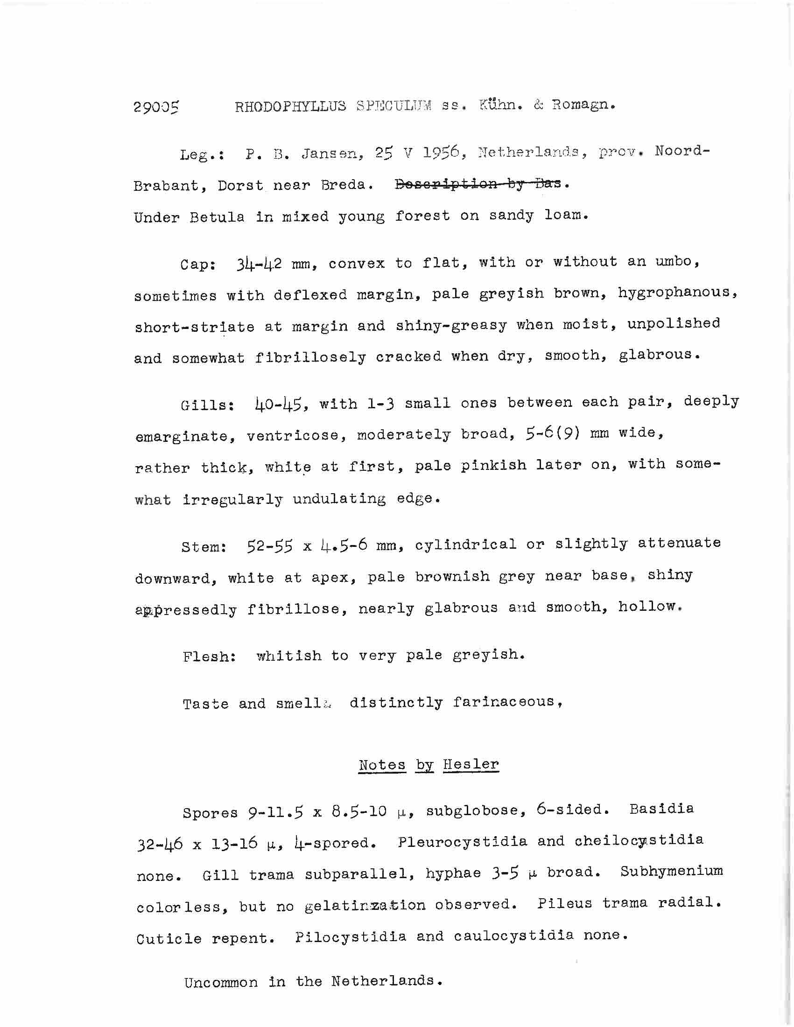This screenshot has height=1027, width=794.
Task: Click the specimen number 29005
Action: (156, 108)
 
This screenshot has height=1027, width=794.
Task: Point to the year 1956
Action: (440, 152)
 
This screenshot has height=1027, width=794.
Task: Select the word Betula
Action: (218, 217)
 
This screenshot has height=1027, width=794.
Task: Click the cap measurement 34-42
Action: (259, 263)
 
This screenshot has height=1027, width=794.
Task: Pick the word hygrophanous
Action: (677, 293)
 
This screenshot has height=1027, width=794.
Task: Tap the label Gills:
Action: (207, 405)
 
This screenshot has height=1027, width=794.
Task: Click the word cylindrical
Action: (465, 545)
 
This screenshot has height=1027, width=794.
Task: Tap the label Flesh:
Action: (209, 656)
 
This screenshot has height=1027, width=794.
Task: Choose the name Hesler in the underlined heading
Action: (471, 765)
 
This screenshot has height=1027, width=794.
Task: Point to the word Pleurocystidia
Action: (463, 841)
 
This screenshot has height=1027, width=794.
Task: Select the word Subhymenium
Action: (671, 871)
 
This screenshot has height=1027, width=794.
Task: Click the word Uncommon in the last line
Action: (221, 983)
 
